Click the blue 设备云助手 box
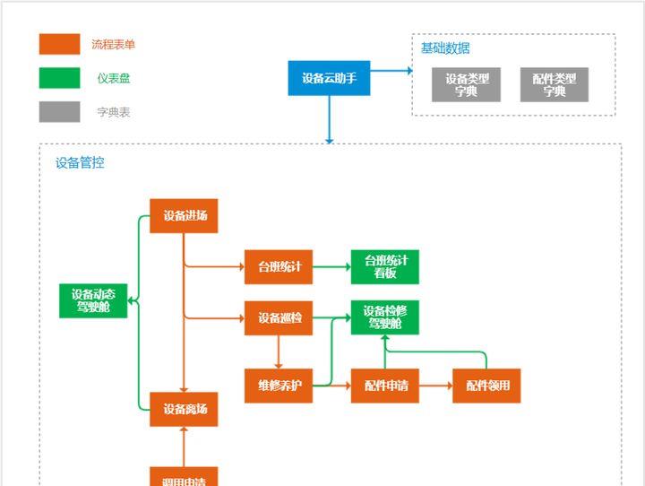[x=329, y=78]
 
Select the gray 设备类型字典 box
[x=466, y=85]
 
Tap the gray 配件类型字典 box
[x=554, y=85]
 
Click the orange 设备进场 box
[x=184, y=216]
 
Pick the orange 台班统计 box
[x=279, y=267]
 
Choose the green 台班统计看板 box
[x=385, y=267]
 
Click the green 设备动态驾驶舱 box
[x=93, y=300]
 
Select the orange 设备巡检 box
[x=279, y=318]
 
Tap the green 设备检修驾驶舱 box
[x=385, y=317]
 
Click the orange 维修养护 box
[x=279, y=386]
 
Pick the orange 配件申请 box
[x=385, y=386]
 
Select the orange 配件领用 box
[x=486, y=386]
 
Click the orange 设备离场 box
[x=184, y=410]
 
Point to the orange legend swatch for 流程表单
[x=59, y=44]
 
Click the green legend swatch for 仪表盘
[x=59, y=78]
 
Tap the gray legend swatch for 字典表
[x=59, y=112]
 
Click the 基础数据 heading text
[x=445, y=48]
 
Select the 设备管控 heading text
[x=80, y=163]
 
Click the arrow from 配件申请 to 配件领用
[x=435, y=386]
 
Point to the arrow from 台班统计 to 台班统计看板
[x=331, y=267]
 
